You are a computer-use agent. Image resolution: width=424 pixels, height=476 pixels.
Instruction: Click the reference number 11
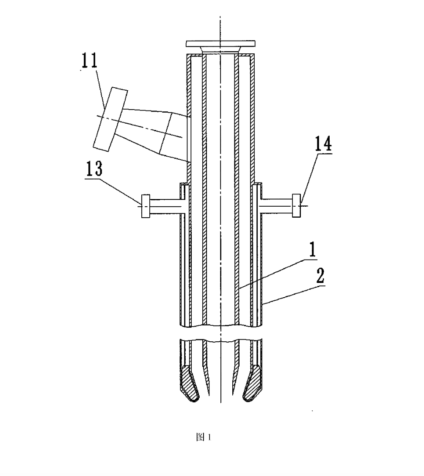[x=90, y=61]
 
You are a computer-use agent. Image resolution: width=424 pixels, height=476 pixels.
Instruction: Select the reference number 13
[x=94, y=169]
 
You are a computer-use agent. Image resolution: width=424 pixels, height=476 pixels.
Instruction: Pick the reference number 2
[x=321, y=275]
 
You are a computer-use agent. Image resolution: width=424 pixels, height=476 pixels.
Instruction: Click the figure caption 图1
[x=204, y=437]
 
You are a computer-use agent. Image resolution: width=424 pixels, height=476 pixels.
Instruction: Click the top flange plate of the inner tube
[x=220, y=44]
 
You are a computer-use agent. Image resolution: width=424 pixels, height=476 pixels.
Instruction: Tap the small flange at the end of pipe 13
[x=146, y=206]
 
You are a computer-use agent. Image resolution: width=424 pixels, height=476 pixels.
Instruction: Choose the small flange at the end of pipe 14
[x=296, y=206]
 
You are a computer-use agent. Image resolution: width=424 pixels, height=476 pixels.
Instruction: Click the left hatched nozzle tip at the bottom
[x=190, y=384]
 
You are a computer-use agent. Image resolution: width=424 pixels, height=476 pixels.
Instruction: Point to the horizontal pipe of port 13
[x=165, y=206]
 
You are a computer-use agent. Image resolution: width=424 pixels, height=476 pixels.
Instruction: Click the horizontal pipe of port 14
[x=277, y=206]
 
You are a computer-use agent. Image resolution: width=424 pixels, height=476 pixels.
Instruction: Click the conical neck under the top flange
[x=220, y=50]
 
